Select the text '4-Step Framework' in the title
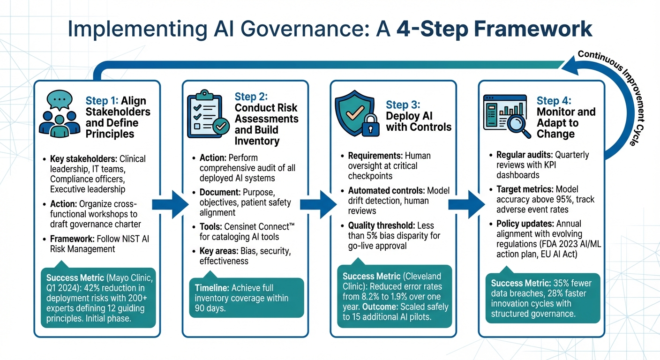pyautogui.click(x=494, y=29)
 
